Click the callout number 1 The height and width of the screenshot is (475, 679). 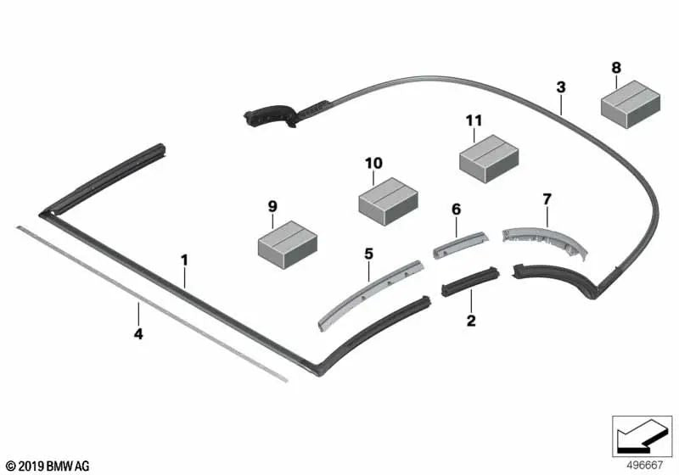[184, 260]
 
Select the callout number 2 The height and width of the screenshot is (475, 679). [471, 321]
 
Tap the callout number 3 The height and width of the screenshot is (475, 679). [561, 87]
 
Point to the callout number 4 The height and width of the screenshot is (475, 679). [138, 333]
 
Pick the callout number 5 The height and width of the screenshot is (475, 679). [368, 254]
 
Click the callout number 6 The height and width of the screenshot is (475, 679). [457, 210]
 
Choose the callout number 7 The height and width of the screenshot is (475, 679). [547, 199]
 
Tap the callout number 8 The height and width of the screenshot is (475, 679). [616, 68]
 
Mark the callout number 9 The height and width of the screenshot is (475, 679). [272, 206]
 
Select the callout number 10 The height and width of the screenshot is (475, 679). [373, 163]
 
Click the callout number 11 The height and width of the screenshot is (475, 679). [474, 120]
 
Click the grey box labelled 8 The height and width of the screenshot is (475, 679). [631, 104]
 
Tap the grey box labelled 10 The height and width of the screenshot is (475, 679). [389, 201]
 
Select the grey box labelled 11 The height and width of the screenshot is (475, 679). [489, 159]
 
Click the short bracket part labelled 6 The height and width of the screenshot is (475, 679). [460, 245]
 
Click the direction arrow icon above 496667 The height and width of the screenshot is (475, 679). [642, 436]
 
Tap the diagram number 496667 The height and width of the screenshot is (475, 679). [645, 465]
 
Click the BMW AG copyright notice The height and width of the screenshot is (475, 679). [48, 466]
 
